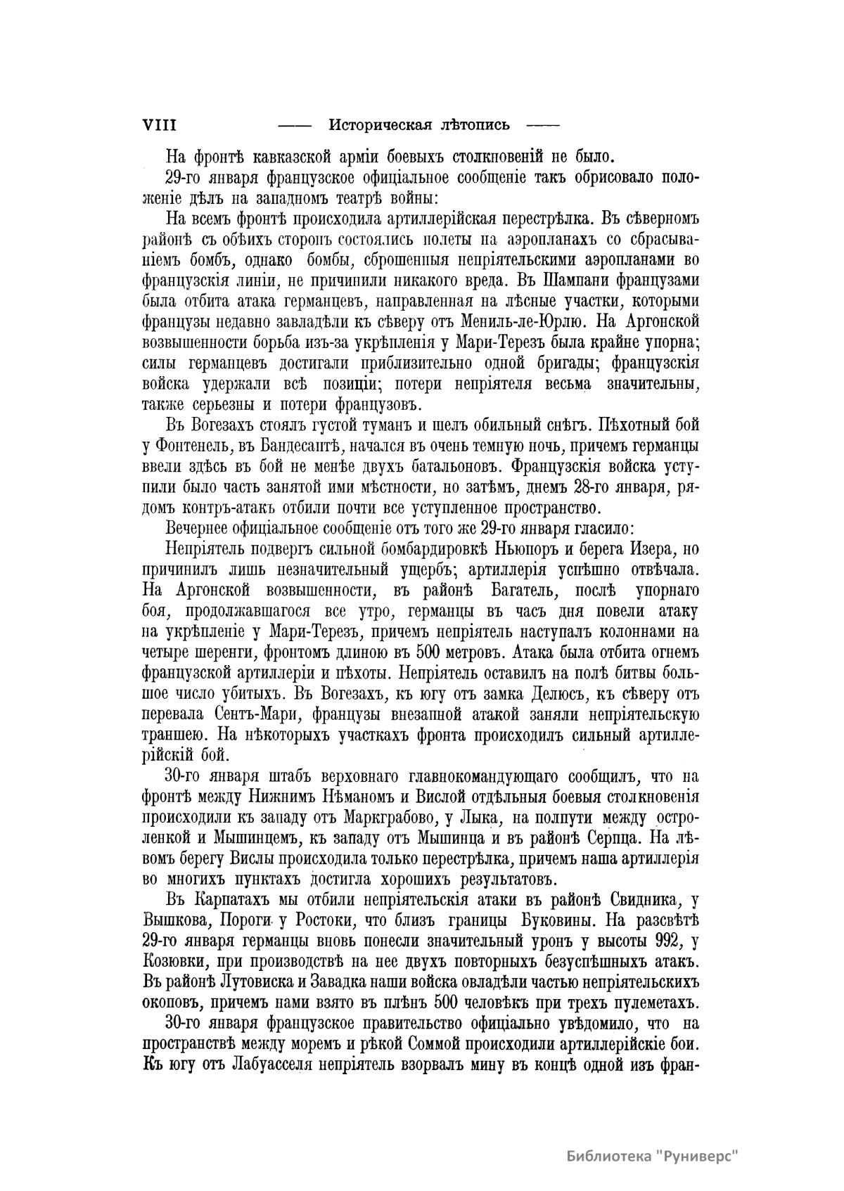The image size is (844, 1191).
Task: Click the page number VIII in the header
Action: [x=159, y=126]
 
